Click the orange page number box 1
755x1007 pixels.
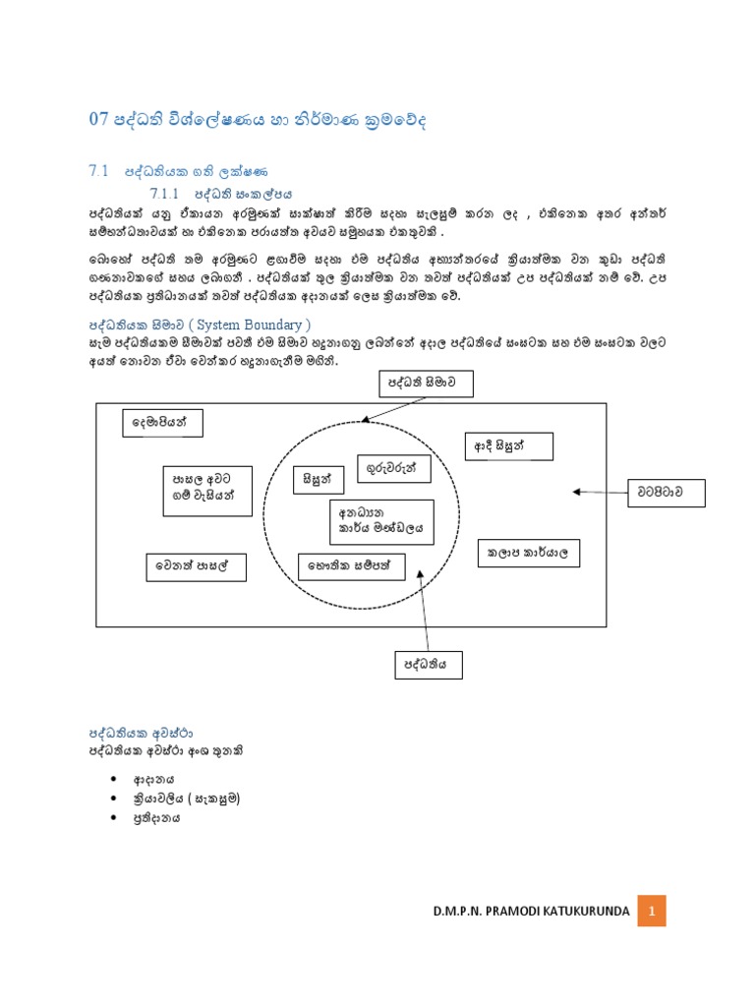pyautogui.click(x=651, y=912)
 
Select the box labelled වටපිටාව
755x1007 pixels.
pyautogui.click(x=668, y=491)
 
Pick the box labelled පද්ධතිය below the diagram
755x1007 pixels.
pyautogui.click(x=428, y=664)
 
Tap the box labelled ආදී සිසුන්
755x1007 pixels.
pyautogui.click(x=509, y=445)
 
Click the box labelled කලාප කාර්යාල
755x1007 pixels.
pyautogui.click(x=528, y=554)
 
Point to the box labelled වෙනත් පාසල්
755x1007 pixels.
pyautogui.click(x=196, y=567)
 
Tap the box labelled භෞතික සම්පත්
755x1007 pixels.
pyautogui.click(x=352, y=566)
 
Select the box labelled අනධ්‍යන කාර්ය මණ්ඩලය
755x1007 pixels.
pyautogui.click(x=380, y=520)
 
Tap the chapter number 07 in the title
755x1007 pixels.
pyautogui.click(x=97, y=120)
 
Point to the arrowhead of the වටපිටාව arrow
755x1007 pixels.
pyautogui.click(x=576, y=491)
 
